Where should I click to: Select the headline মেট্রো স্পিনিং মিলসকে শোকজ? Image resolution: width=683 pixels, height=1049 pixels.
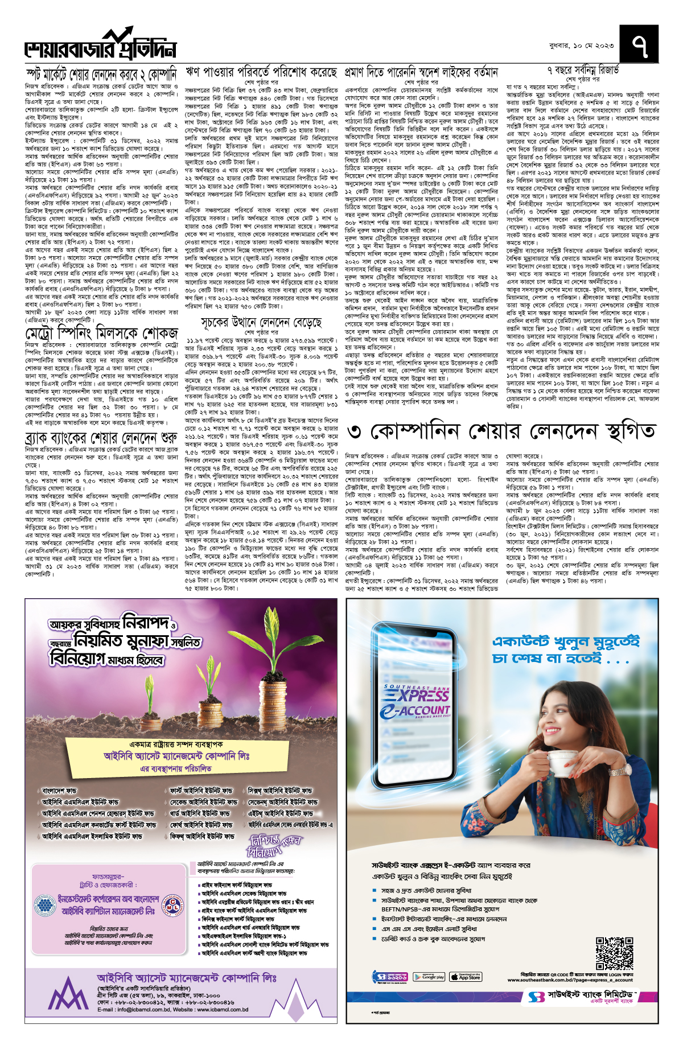point(102,332)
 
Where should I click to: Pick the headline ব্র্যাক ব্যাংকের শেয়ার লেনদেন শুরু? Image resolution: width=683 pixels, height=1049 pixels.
point(102,438)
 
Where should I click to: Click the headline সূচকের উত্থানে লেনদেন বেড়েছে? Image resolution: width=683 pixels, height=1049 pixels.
point(261,323)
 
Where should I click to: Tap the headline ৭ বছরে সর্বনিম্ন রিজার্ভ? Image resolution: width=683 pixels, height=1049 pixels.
point(582,71)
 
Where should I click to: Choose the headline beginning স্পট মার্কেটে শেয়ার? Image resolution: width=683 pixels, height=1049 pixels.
point(102,74)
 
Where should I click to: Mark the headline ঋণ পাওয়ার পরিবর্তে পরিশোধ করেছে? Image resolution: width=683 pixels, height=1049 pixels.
point(261,72)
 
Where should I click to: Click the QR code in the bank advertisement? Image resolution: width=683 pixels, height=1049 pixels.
point(614,953)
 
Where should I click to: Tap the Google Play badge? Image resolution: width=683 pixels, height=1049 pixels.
point(429,977)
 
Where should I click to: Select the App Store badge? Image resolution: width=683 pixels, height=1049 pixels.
point(465,977)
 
